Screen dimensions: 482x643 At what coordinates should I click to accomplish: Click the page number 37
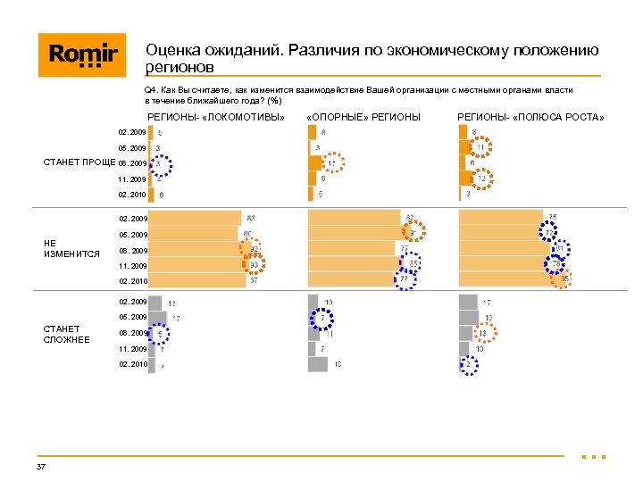[41, 467]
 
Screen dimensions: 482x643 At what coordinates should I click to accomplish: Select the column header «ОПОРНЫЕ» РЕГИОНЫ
[363, 117]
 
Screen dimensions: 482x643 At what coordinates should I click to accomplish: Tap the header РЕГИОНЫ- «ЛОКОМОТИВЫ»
[216, 117]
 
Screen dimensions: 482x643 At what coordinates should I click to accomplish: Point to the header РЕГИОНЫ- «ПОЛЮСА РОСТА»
[530, 117]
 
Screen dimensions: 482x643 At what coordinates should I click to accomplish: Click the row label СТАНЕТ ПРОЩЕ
[79, 163]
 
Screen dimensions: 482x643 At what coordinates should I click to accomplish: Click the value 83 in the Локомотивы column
[252, 218]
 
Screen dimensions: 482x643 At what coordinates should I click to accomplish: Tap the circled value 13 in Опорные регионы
[331, 163]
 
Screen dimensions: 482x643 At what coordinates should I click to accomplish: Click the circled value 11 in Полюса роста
[480, 147]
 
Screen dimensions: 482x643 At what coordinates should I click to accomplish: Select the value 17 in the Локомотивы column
[177, 319]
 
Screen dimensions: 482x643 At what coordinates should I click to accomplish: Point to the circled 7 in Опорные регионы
[321, 319]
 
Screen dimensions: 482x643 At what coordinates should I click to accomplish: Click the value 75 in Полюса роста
[553, 218]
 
